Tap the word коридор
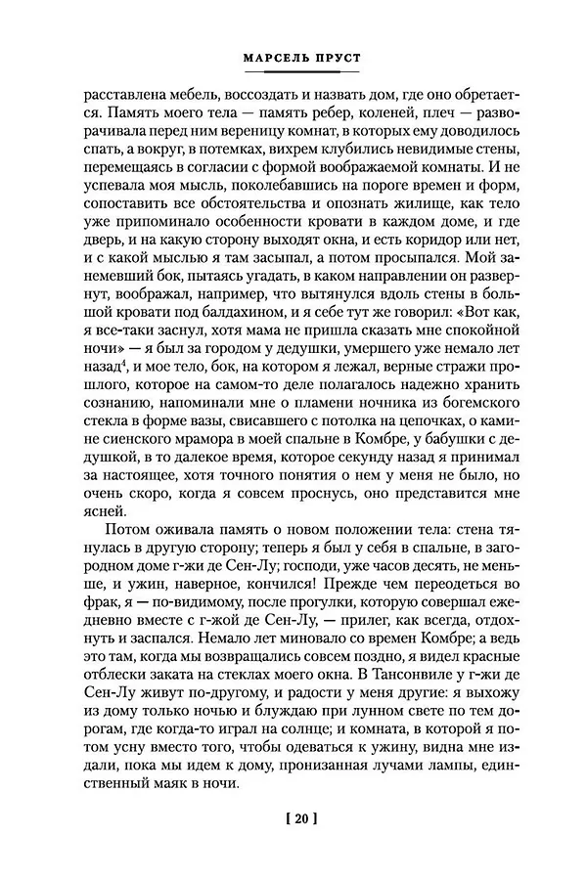(x=434, y=246)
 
